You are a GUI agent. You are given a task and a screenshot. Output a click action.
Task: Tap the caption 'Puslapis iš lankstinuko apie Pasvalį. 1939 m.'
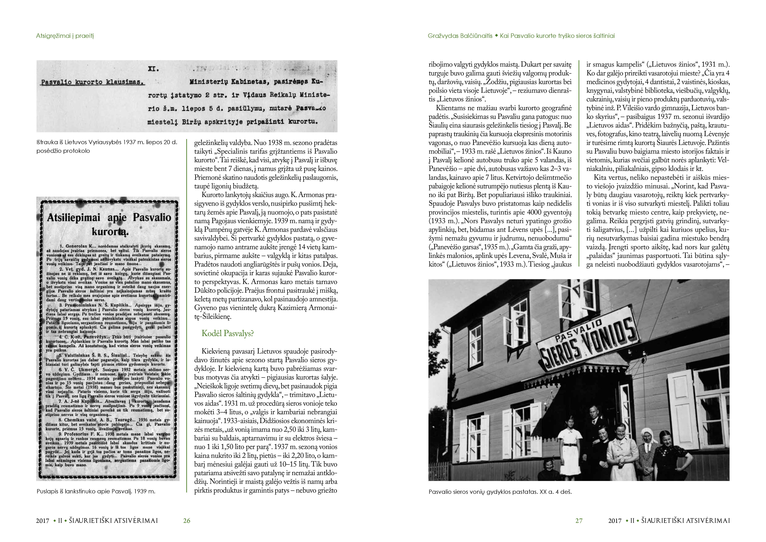[96, 491]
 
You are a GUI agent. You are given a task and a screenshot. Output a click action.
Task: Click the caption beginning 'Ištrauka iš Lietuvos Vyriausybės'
[107, 146]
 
